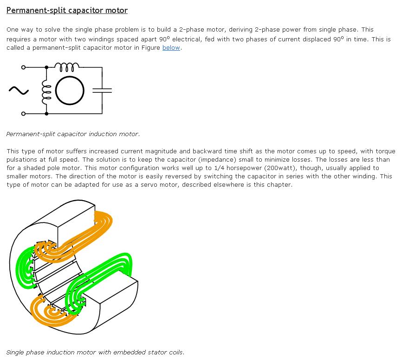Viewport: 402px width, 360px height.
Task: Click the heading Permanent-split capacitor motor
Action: tap(67, 10)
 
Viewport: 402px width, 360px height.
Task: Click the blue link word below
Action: tap(171, 48)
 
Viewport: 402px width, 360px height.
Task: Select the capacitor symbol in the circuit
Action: tap(102, 90)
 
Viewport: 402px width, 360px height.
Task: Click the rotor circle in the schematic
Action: tap(70, 90)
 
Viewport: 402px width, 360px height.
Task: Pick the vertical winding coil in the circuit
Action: tap(45, 90)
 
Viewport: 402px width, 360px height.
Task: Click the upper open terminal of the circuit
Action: tap(23, 67)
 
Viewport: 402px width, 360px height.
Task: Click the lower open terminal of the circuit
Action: tap(23, 113)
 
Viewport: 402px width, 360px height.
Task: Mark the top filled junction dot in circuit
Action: tap(46, 67)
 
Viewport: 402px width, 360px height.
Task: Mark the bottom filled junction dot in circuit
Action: tap(46, 113)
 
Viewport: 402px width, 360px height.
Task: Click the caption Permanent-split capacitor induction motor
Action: tap(73, 134)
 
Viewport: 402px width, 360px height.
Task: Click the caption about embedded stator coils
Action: tap(95, 352)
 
